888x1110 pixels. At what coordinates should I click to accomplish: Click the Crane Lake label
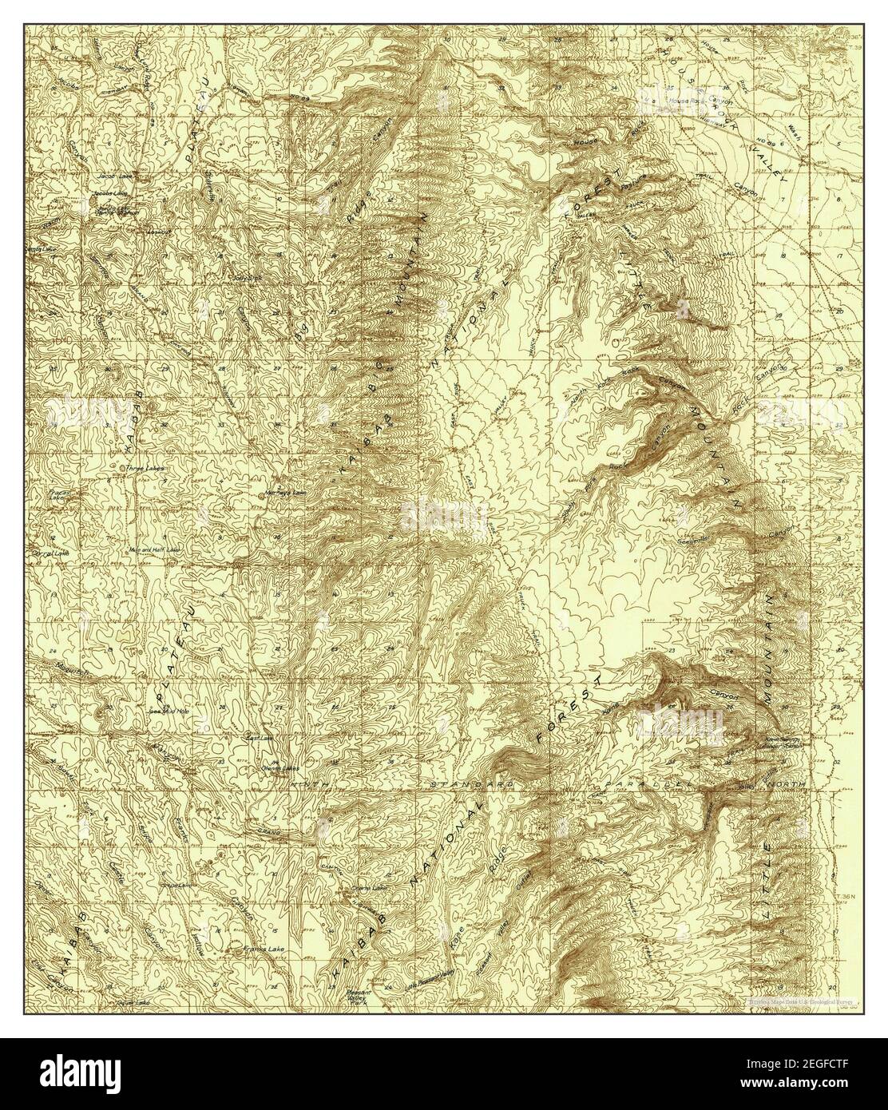pyautogui.click(x=357, y=887)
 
